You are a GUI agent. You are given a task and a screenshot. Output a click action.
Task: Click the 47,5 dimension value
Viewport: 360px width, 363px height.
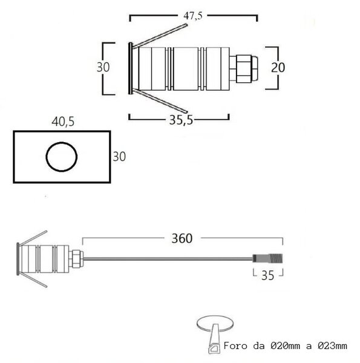pyautogui.click(x=193, y=16)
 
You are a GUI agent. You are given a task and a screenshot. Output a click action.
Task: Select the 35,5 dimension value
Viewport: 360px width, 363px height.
pyautogui.click(x=181, y=120)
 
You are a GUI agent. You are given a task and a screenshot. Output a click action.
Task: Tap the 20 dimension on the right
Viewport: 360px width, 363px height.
pyautogui.click(x=278, y=67)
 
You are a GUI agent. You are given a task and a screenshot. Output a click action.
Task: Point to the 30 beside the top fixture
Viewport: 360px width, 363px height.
pyautogui.click(x=103, y=67)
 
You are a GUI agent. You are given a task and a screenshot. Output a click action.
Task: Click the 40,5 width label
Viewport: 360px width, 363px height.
pyautogui.click(x=63, y=122)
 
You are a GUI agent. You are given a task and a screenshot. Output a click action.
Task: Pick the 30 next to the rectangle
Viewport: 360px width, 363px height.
pyautogui.click(x=119, y=157)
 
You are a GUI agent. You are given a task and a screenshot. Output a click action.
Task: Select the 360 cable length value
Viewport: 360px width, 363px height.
pyautogui.click(x=182, y=238)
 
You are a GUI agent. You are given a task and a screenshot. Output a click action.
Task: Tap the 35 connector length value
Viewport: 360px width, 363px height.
pyautogui.click(x=267, y=275)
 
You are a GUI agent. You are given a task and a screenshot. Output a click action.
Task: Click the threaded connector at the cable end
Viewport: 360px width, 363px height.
pyautogui.click(x=268, y=258)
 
